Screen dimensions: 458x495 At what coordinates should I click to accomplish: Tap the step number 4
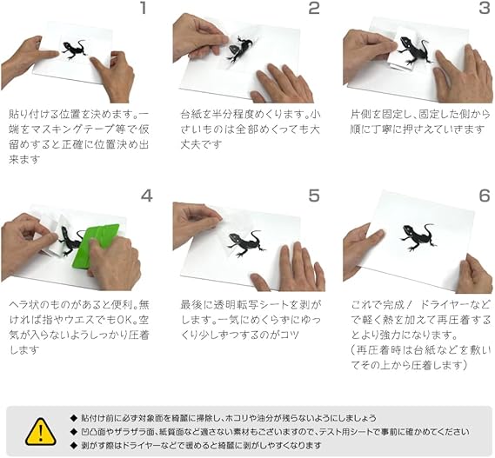pyautogui.click(x=147, y=195)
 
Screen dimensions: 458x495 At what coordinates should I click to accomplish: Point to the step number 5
pyautogui.click(x=314, y=195)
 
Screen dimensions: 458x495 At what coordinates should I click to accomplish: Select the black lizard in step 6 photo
pyautogui.click(x=418, y=235)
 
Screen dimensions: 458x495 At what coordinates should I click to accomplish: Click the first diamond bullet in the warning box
pyautogui.click(x=74, y=416)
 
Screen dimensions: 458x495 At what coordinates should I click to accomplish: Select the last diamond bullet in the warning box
pyautogui.click(x=74, y=445)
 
